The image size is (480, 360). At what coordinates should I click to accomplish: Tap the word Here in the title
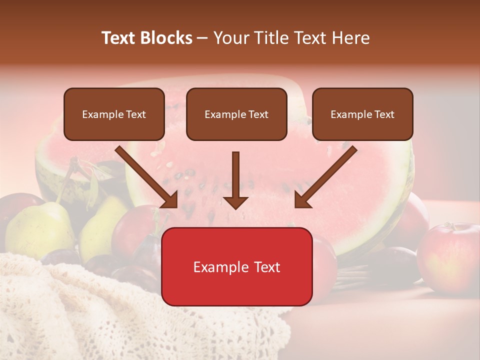[349, 38]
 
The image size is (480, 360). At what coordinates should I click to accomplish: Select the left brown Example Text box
[114, 114]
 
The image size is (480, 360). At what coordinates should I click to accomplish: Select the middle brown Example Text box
[236, 114]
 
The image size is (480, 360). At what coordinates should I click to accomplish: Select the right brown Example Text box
[362, 114]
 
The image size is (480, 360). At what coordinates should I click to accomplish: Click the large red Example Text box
[236, 266]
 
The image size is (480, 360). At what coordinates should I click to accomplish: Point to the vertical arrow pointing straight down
[235, 180]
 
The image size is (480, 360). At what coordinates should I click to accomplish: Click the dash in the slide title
[202, 38]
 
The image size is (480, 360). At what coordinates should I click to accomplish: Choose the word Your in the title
[231, 38]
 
